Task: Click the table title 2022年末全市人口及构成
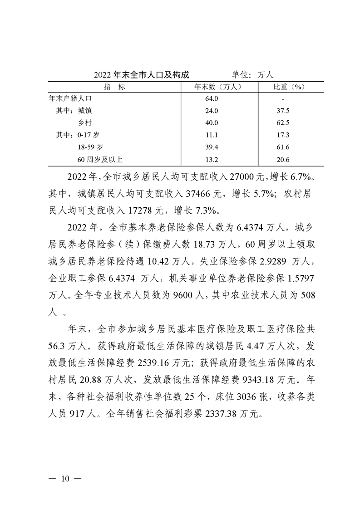pos(141,74)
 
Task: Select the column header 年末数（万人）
pos(220,86)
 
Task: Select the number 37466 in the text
pos(196,193)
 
